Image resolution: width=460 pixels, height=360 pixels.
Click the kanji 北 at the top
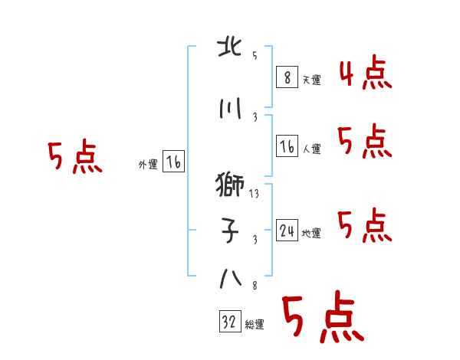[x=230, y=47]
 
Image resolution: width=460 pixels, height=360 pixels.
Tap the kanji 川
[x=230, y=109]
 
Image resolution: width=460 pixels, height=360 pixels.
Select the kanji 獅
[x=230, y=185]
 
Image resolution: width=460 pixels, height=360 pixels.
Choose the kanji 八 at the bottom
[x=231, y=279]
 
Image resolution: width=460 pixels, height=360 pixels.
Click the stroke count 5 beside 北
[x=255, y=55]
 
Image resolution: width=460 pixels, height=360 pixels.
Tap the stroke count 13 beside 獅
[x=254, y=194]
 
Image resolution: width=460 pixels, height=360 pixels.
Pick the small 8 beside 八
[x=255, y=286]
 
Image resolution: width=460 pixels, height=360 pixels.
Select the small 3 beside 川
[x=255, y=117]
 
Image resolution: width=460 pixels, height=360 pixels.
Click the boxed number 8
[x=287, y=77]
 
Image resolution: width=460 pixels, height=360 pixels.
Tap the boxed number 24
[x=287, y=231]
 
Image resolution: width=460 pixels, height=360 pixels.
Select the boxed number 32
[x=230, y=321]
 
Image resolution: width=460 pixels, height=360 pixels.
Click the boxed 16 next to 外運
[x=174, y=162]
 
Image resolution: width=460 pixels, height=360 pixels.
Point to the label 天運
[x=312, y=80]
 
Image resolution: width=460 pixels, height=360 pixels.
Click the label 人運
[x=312, y=149]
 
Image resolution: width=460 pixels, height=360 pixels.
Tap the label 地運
[x=311, y=233]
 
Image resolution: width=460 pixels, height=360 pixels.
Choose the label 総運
[x=255, y=324]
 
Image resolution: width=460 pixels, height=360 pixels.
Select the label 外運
[x=148, y=165]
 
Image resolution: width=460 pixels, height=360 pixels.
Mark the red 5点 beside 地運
[x=365, y=225]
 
